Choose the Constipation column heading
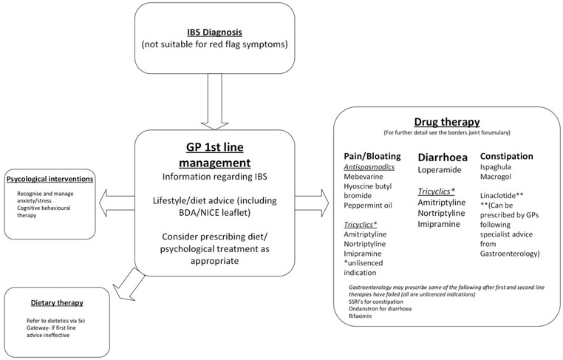507,157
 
